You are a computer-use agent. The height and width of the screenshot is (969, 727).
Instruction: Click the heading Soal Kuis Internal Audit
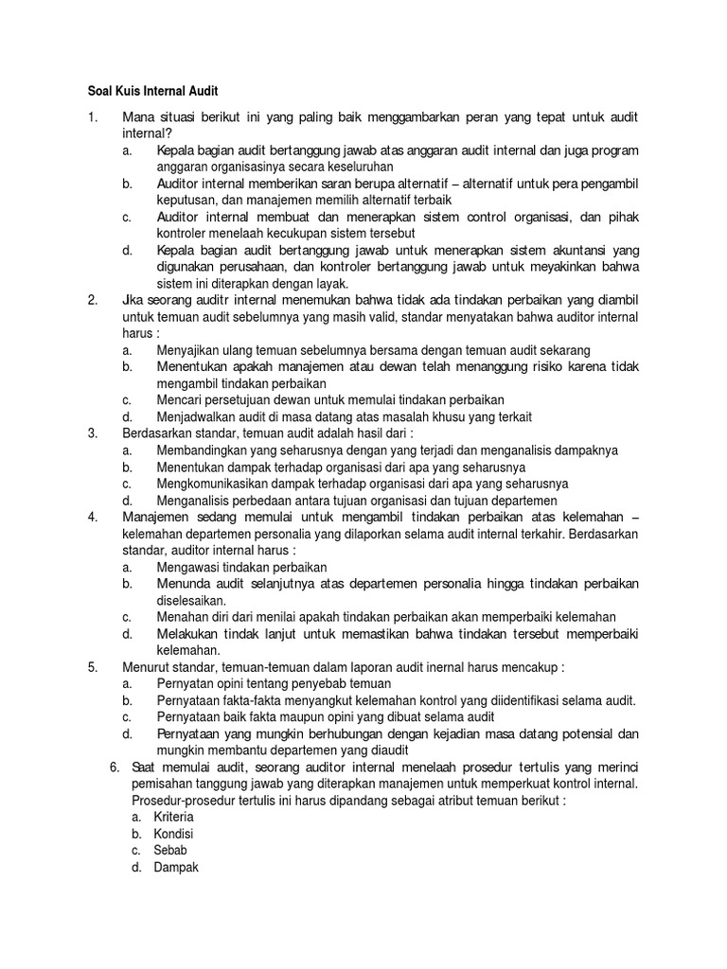[x=147, y=92]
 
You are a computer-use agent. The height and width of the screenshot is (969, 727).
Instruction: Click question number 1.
[x=92, y=117]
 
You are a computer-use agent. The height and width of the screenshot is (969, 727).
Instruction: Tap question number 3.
[x=92, y=434]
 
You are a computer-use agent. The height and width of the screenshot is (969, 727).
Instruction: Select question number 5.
[x=92, y=667]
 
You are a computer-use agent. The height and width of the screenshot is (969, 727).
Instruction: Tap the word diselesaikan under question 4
[x=191, y=600]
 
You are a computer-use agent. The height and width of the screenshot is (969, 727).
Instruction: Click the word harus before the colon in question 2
[x=139, y=334]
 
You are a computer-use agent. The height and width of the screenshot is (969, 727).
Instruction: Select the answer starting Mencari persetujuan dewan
[x=330, y=400]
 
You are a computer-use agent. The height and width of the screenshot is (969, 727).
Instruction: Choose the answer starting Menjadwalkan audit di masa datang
[x=345, y=417]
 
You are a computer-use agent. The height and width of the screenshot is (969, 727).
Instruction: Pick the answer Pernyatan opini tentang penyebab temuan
[x=274, y=683]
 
